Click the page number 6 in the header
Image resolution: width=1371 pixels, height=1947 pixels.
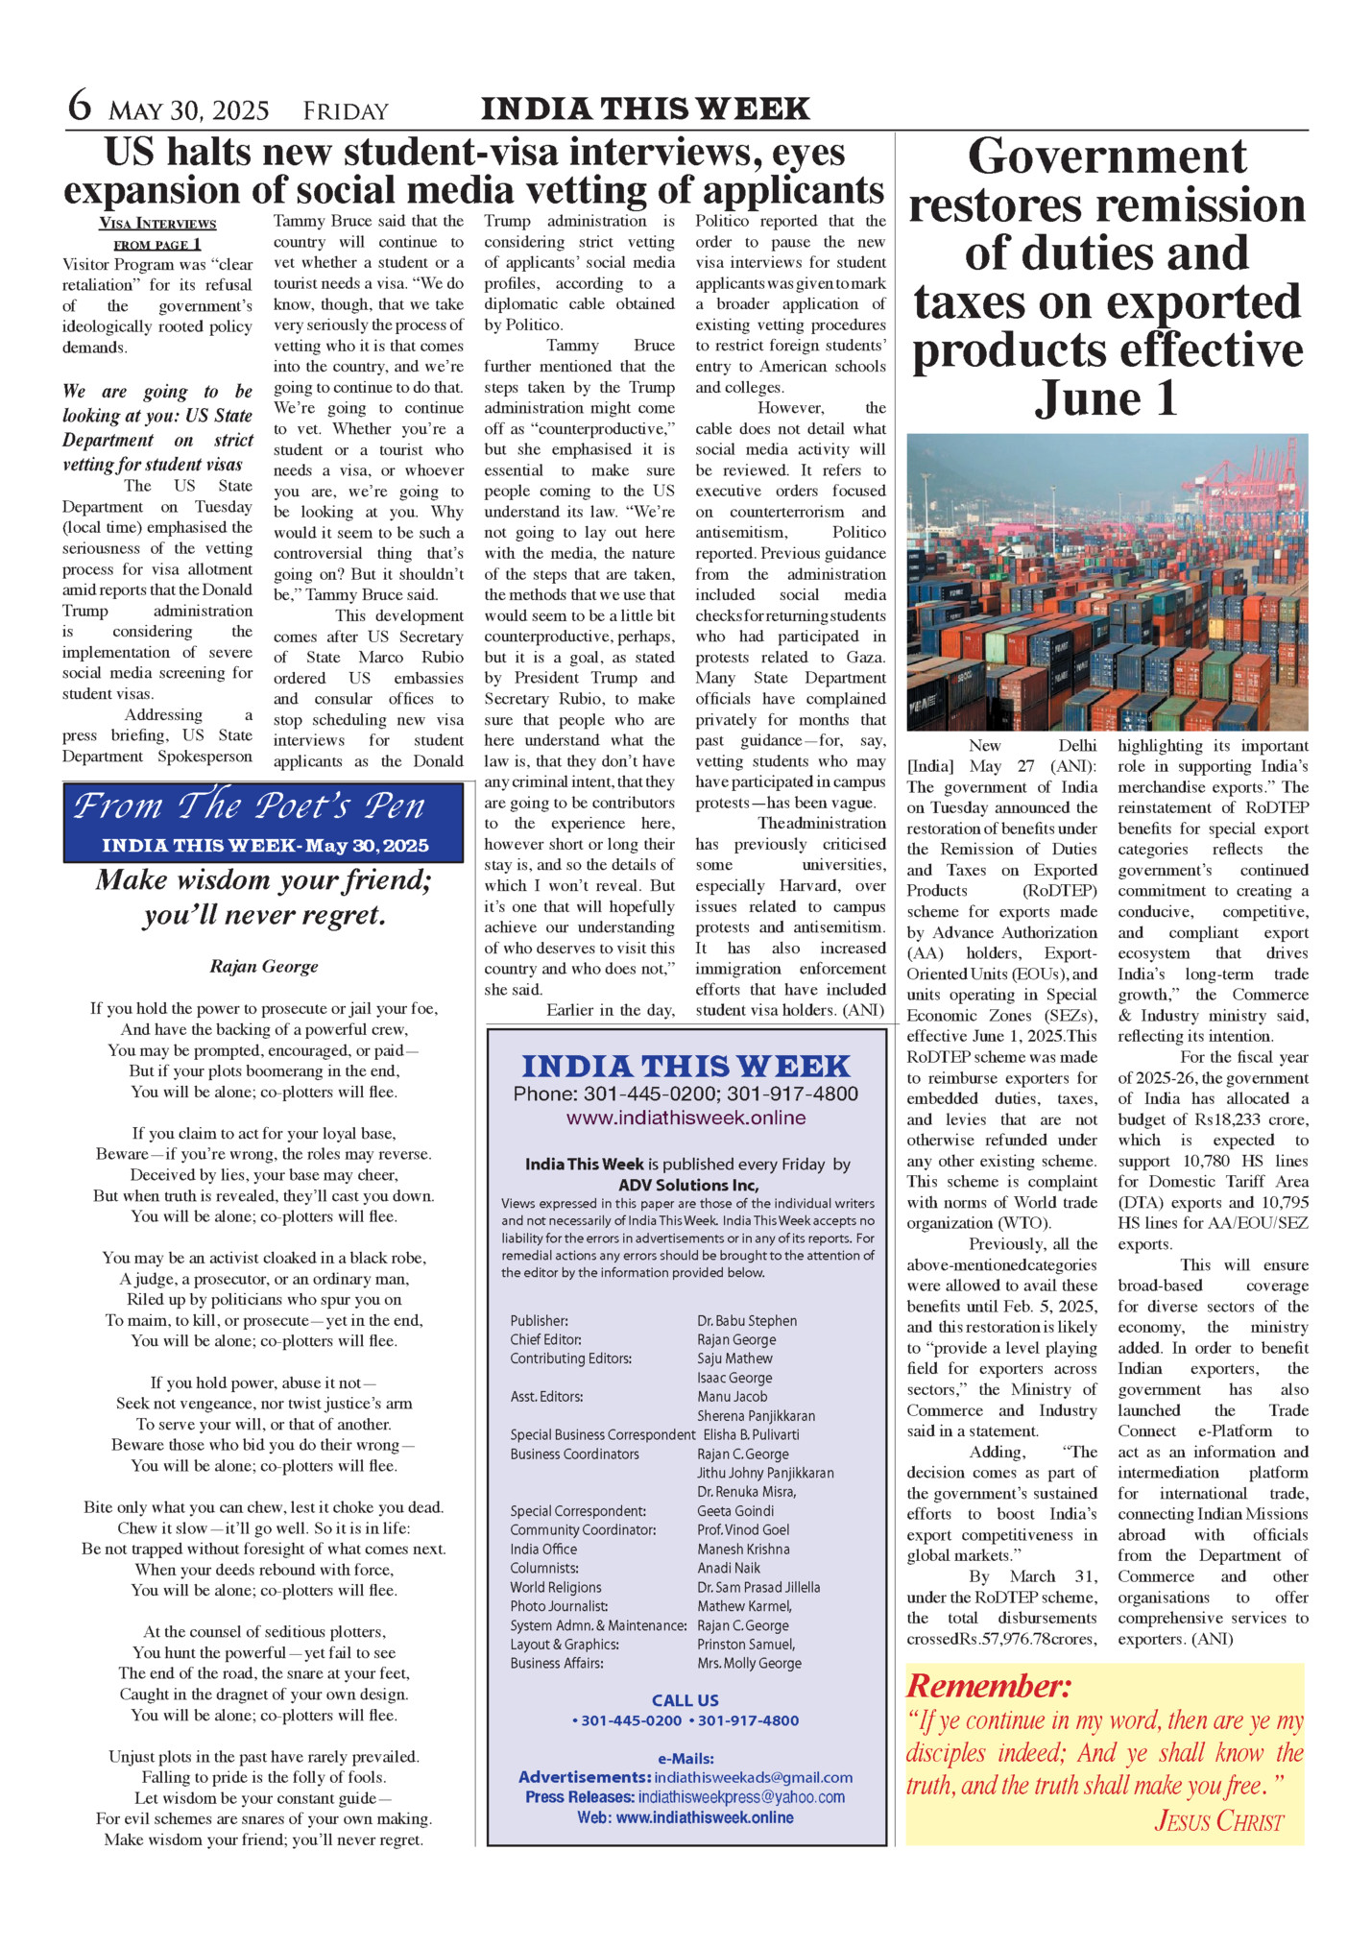click(80, 106)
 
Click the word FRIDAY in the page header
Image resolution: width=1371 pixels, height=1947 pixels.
click(346, 111)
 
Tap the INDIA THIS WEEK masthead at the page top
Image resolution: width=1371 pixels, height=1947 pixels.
click(645, 108)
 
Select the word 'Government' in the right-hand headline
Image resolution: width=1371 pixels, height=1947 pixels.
click(1107, 156)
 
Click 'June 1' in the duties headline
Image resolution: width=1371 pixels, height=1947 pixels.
click(1107, 398)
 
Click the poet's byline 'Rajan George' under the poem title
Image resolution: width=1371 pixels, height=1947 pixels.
click(264, 967)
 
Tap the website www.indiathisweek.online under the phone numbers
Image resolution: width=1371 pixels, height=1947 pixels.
click(685, 1118)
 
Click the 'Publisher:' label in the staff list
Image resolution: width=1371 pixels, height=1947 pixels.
click(539, 1321)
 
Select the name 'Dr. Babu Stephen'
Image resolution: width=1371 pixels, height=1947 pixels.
click(747, 1321)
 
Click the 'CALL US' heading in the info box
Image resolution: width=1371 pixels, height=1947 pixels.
click(685, 1700)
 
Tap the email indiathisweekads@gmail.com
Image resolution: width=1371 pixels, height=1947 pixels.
click(753, 1778)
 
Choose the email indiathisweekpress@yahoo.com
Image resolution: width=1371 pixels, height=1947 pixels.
click(741, 1797)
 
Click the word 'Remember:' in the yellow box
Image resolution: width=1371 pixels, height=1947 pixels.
click(989, 1686)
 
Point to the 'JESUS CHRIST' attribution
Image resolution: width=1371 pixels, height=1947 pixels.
click(1218, 1821)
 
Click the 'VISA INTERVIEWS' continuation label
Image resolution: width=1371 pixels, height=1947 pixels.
click(157, 224)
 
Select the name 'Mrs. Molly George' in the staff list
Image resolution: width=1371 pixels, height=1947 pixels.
click(749, 1663)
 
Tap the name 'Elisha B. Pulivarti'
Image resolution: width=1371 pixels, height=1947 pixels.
click(748, 1434)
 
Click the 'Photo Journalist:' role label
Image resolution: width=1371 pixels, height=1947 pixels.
click(559, 1606)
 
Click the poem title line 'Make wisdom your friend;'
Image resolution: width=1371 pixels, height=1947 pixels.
click(264, 880)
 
